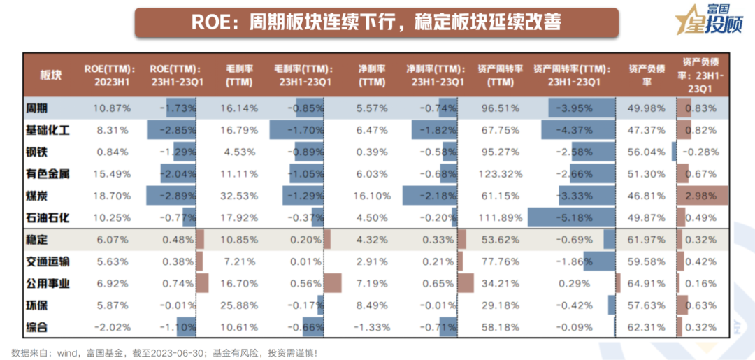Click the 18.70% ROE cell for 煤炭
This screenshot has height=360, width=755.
113,196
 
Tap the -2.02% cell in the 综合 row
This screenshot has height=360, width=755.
113,327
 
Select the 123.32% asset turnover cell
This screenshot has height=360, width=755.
501,173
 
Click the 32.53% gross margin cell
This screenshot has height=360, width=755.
239,196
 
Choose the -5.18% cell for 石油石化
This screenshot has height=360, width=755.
574,217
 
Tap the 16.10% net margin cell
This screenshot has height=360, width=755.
371,196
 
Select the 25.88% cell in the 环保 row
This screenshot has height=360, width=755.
239,305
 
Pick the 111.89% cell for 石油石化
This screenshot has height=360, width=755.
501,217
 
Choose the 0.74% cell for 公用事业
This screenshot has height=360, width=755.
178,284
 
